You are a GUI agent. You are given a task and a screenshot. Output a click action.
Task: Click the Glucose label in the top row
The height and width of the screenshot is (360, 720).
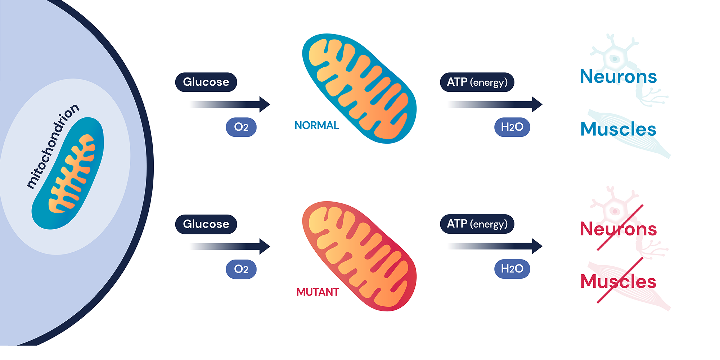[x=206, y=82]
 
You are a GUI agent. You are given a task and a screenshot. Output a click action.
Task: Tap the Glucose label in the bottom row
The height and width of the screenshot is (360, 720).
[x=206, y=224]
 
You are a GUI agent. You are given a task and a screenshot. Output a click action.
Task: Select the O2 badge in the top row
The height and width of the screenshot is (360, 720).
[x=241, y=127]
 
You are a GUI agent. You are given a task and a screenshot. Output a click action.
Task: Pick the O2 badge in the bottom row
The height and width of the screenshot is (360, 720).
[x=241, y=269]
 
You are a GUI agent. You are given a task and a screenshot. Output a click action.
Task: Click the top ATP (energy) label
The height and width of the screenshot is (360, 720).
[x=477, y=82]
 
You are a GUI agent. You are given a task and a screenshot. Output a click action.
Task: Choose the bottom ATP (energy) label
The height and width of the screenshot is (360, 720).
[x=477, y=224]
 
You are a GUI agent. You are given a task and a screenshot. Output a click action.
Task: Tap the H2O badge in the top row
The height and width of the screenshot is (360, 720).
[x=512, y=127]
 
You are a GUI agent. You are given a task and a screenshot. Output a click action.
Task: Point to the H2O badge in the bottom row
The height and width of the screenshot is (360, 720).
[x=512, y=269]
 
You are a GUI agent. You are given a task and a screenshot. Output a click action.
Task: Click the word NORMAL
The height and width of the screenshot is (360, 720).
[x=316, y=125]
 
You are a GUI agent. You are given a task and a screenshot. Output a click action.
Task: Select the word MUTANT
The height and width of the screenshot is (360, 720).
[x=318, y=292]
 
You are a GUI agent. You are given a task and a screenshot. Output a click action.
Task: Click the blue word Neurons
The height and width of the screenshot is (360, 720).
[x=618, y=77]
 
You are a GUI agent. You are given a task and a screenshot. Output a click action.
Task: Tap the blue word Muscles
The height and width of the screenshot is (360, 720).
[x=618, y=129]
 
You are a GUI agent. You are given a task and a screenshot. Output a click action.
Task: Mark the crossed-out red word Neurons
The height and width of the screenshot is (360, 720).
[x=618, y=229]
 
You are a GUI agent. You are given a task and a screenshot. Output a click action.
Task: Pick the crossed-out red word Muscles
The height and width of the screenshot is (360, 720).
[x=618, y=282]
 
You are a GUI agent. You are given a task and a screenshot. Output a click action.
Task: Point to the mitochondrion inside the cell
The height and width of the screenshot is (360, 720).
[x=68, y=173]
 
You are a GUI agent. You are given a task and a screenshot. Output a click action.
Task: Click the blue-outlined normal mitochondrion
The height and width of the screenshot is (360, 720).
[x=359, y=89]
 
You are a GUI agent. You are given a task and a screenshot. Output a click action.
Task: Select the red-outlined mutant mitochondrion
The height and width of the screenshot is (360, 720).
[x=359, y=256]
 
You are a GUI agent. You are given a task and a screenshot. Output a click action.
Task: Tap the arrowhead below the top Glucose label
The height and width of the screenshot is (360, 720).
[x=264, y=104]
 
